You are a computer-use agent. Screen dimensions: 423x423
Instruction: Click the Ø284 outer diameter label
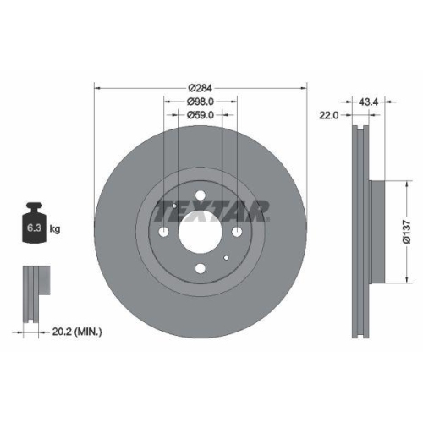(x=200, y=87)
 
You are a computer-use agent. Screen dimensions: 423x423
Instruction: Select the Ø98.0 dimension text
(x=200, y=101)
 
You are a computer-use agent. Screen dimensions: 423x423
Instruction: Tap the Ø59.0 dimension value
(x=200, y=115)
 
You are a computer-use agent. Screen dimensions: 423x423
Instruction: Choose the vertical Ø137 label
(x=407, y=229)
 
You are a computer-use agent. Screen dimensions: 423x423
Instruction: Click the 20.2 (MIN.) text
(x=77, y=332)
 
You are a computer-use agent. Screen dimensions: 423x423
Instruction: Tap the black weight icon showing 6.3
(x=35, y=223)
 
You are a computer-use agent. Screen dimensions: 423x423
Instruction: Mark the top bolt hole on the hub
(x=200, y=197)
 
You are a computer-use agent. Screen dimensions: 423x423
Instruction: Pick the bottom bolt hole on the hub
(x=200, y=270)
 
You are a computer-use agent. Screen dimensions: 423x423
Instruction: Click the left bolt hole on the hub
(x=163, y=233)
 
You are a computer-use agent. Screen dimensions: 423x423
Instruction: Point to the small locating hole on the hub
(x=226, y=259)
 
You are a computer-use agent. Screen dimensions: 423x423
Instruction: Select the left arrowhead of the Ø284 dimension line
(x=96, y=87)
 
